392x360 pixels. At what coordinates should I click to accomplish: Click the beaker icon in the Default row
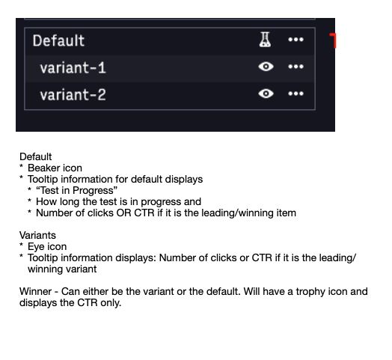tap(265, 40)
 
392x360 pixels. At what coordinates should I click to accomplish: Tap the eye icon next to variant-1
tap(266, 67)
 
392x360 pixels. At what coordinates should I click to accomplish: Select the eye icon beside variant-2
tap(266, 94)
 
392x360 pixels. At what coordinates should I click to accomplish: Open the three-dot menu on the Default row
tap(295, 40)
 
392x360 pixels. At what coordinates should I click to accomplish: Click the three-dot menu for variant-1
tap(295, 67)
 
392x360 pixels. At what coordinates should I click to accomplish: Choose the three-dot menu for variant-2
tap(295, 94)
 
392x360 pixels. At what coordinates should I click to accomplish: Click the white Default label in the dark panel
tap(58, 40)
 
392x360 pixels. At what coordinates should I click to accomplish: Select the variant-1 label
tap(73, 68)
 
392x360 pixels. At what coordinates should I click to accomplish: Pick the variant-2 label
tap(73, 95)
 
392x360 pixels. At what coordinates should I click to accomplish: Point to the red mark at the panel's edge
tap(334, 40)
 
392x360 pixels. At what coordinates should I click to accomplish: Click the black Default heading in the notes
tap(35, 157)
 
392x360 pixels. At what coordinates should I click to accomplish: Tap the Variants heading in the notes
tap(37, 236)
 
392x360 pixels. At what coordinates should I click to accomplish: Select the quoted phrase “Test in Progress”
tap(76, 191)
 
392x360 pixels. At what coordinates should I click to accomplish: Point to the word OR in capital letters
tap(123, 213)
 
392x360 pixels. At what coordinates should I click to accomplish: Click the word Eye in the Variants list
tap(34, 247)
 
